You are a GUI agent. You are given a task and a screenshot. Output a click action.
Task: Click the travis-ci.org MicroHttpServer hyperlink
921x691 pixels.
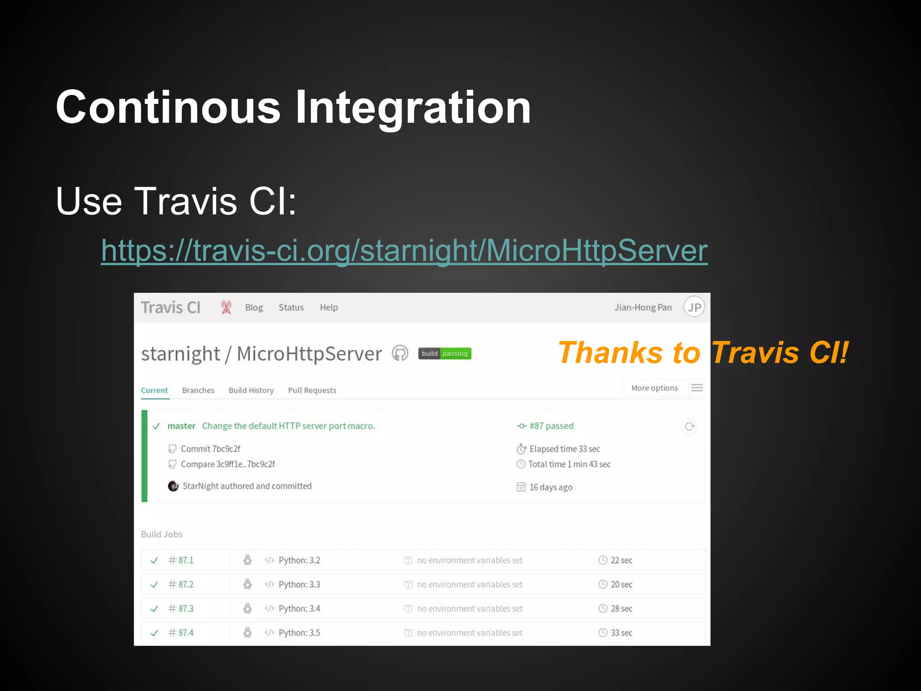click(404, 250)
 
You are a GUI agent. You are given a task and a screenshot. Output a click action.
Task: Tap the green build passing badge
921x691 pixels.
click(444, 354)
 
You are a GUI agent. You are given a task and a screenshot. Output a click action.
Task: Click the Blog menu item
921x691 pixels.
click(254, 308)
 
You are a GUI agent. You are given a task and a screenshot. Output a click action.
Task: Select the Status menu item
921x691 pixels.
click(291, 308)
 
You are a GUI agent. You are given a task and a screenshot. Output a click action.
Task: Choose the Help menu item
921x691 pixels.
click(329, 308)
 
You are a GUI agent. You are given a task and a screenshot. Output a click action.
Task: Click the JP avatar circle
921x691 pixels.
click(694, 307)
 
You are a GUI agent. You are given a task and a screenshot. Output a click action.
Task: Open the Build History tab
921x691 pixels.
click(251, 390)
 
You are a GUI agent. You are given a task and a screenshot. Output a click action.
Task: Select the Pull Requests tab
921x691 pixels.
click(312, 390)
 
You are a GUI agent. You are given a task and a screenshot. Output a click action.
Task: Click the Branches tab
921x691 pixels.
click(198, 390)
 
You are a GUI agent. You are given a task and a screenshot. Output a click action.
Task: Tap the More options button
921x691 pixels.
click(654, 388)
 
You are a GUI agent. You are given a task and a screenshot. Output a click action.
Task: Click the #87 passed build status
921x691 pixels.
click(551, 426)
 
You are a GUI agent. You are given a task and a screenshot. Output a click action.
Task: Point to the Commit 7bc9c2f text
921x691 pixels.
click(210, 449)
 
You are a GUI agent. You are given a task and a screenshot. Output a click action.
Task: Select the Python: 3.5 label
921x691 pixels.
click(299, 633)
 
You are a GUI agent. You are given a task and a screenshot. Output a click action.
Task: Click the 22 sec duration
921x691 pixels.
click(621, 561)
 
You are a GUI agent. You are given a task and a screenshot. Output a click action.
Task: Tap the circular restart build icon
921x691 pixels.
click(689, 426)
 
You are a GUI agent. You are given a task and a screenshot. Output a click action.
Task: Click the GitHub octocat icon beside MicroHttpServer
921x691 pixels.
click(400, 354)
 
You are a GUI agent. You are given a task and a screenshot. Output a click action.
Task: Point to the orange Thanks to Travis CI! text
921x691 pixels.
click(702, 353)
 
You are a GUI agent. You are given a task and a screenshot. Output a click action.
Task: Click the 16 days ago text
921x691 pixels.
click(550, 487)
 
